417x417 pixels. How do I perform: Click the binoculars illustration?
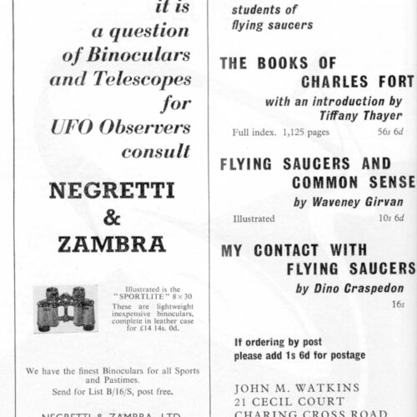[65, 308]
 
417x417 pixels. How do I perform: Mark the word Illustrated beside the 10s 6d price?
[254, 219]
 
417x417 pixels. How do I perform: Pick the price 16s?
[408, 305]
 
